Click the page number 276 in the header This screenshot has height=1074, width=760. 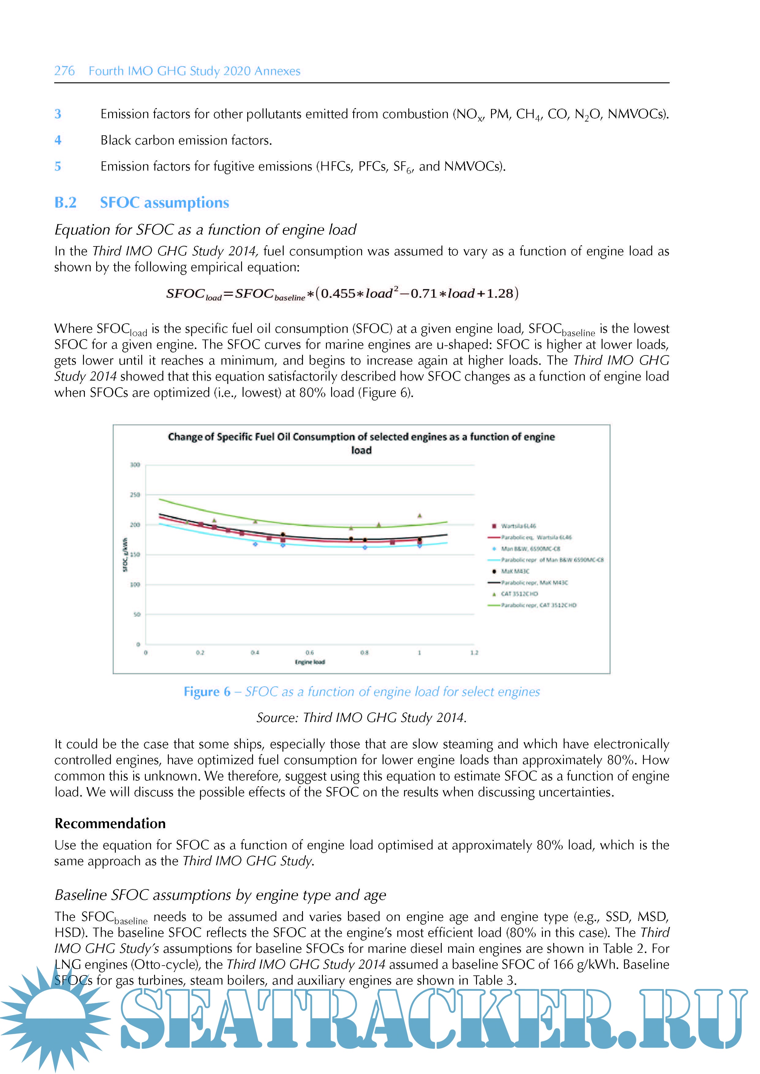coord(64,71)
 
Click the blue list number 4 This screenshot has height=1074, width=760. coord(58,140)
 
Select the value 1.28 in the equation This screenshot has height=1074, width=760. coord(499,293)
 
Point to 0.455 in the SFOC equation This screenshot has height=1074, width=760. coord(338,293)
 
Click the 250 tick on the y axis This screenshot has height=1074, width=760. coord(135,494)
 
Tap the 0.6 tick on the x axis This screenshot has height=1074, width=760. coord(309,652)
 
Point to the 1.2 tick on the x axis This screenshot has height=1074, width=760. coord(474,652)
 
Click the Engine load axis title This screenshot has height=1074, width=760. coord(309,662)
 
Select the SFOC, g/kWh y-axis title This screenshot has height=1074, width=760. coord(125,555)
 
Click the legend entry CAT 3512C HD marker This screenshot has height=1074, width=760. coord(494,594)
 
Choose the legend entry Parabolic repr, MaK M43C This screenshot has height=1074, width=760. coord(534,583)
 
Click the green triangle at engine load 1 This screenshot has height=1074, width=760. coord(419,516)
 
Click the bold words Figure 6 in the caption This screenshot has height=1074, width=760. coord(207,692)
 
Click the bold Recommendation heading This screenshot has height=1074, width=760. coord(110,823)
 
